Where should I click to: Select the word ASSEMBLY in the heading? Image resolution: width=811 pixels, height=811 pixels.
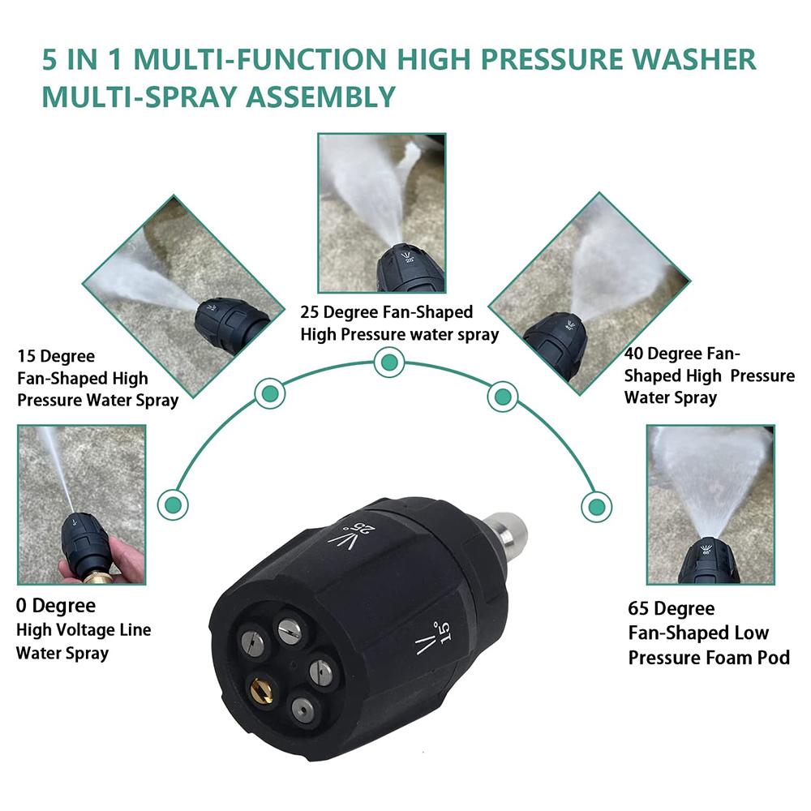click(x=320, y=97)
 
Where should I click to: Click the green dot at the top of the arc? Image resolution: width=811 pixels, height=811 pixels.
click(x=389, y=362)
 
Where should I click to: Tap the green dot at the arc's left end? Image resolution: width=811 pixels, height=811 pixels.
click(x=173, y=504)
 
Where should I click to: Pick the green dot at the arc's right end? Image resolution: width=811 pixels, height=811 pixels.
click(x=596, y=506)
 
